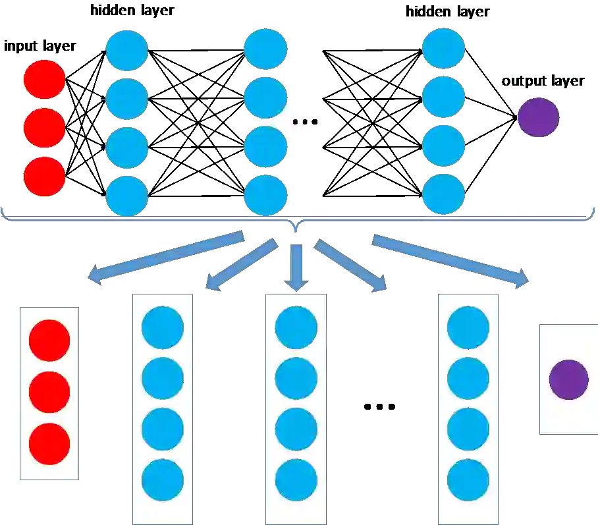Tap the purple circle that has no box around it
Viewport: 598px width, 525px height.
538,117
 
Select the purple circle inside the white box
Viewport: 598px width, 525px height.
568,379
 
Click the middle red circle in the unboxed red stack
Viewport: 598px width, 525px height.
44,128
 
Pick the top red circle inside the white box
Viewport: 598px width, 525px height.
49,341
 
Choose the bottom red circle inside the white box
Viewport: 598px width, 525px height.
49,444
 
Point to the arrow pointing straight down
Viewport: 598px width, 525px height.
297,266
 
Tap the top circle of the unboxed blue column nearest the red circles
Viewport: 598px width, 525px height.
126,50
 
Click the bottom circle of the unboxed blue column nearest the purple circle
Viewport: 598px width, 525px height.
443,194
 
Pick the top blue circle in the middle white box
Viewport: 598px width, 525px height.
296,327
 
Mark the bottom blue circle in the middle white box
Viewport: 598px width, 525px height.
296,480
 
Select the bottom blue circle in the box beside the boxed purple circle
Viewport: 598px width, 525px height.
468,480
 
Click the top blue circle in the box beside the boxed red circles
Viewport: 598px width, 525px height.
163,327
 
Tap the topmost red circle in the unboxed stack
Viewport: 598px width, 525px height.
44,79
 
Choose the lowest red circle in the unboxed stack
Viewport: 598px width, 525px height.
44,177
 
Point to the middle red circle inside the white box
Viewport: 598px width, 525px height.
49,393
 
